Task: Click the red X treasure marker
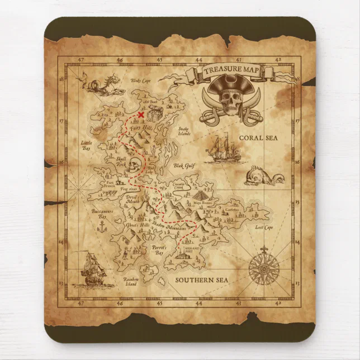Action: coord(140,115)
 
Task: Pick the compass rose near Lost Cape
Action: coord(262,268)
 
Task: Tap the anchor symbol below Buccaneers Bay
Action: coord(102,226)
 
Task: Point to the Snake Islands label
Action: coord(184,132)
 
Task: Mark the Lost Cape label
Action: coord(263,228)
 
